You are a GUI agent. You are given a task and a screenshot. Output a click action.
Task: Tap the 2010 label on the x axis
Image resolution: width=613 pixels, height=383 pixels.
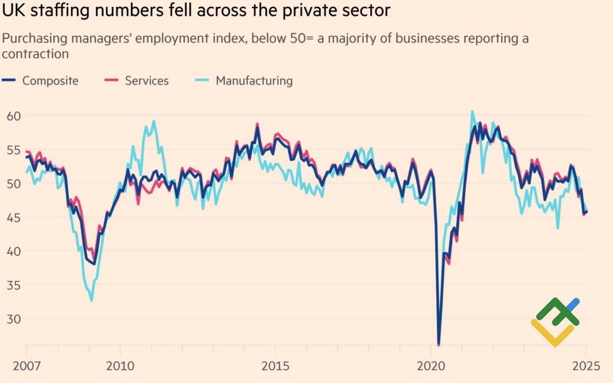[121, 366]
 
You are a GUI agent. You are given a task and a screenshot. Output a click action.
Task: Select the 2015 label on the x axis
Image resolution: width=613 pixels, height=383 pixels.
[276, 366]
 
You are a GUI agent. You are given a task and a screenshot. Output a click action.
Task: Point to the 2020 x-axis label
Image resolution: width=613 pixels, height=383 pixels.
[431, 366]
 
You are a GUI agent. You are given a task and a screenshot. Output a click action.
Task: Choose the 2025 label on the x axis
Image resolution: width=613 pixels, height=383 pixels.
[586, 366]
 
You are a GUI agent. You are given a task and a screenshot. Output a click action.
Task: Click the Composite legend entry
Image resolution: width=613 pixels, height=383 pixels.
[50, 81]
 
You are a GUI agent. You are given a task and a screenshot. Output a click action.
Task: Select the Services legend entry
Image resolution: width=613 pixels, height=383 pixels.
[147, 81]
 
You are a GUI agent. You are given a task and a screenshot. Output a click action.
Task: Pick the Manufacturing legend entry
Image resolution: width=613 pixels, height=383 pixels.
[254, 81]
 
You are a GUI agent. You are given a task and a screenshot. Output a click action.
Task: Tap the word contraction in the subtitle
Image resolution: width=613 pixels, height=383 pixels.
[35, 54]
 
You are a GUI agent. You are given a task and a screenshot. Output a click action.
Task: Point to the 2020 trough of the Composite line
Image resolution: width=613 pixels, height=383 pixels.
[439, 343]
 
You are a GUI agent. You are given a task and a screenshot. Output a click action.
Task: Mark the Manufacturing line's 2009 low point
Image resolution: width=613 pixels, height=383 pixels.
[92, 300]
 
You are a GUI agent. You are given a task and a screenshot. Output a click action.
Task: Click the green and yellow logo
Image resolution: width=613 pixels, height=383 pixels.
[555, 321]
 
